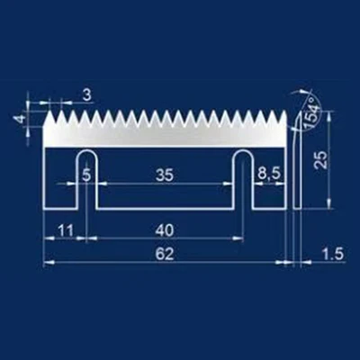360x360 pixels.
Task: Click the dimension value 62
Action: pos(163,255)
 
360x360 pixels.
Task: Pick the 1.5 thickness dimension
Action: pos(331,255)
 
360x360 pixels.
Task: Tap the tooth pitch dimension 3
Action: pos(85,94)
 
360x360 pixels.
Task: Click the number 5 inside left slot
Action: pos(86,175)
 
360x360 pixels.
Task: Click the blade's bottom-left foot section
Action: pos(60,193)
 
